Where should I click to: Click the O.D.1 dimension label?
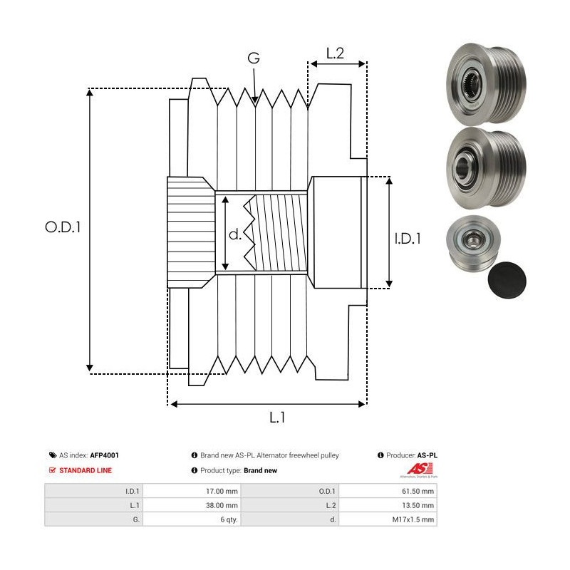point(63,227)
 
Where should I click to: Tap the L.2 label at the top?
point(336,53)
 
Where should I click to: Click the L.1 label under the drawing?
point(279,418)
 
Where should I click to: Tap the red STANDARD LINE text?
point(85,470)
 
